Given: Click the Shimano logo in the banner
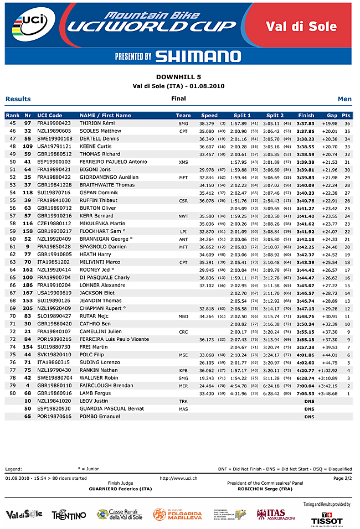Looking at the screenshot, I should (x=198, y=56).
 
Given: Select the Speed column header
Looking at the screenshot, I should (x=209, y=116).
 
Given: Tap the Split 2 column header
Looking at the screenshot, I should (x=275, y=116).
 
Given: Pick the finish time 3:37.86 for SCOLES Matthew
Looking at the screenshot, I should (x=306, y=131).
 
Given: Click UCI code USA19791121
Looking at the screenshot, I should (x=54, y=146).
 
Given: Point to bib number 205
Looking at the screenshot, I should (x=28, y=308).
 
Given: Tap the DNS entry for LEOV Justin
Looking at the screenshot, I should (x=309, y=401).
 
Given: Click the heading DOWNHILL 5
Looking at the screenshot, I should (x=178, y=78).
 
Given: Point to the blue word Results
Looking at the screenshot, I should (x=18, y=99).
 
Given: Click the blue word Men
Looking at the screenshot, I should (x=344, y=99).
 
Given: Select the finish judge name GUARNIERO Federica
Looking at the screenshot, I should (x=120, y=489).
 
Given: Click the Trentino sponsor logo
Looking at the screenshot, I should (x=69, y=515).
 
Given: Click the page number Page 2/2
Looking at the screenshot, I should (x=343, y=478).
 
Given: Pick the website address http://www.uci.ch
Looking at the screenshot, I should (x=179, y=478).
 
